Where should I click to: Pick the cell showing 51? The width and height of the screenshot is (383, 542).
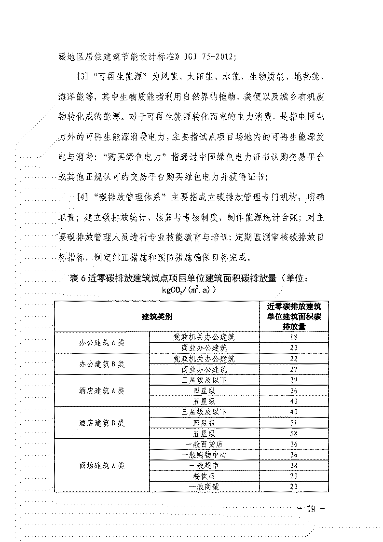point(294,423)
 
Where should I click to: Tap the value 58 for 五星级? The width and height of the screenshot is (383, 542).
point(294,433)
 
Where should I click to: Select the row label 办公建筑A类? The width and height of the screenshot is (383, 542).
point(102,342)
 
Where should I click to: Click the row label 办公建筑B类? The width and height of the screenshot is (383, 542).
point(102,363)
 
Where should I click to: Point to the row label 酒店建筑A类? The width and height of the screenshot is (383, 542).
point(102,390)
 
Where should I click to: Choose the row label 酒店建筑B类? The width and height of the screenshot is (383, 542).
point(102,423)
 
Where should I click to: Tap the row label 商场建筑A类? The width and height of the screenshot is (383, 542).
point(102,465)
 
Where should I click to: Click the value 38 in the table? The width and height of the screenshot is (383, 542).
point(294,465)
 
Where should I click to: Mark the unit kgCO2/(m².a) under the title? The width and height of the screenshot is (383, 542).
point(189,291)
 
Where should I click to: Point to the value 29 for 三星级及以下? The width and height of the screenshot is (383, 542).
point(294,380)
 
